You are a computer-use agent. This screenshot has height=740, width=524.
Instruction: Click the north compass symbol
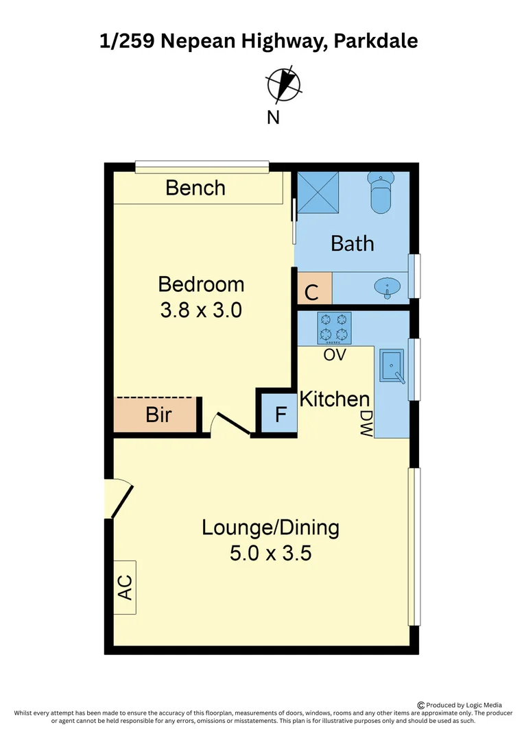pos(283,84)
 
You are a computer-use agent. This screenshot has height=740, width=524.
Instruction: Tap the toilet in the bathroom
pos(381,193)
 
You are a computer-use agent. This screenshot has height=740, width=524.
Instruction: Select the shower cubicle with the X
pos(318,193)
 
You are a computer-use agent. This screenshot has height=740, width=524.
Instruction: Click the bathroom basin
pos(387,287)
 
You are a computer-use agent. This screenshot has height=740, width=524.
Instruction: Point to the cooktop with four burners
pos(334,328)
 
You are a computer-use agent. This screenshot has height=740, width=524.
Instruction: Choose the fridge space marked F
pos(281,414)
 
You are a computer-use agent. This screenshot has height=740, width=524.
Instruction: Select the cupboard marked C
pos(315,288)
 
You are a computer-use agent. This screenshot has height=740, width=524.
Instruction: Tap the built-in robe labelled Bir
pos(155,415)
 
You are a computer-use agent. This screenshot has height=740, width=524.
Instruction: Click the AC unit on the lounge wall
pos(125,587)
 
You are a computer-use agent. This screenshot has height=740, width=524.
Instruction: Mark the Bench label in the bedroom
pos(195,188)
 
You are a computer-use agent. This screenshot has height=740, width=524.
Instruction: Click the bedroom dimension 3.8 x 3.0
pos(201,310)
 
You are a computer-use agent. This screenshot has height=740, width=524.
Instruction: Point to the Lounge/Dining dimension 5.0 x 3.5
pos(271,553)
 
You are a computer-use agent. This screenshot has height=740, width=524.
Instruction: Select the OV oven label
pos(335,354)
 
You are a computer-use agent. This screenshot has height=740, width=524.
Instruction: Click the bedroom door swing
pos(231,423)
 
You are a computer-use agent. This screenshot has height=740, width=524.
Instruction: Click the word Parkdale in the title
pos(376,41)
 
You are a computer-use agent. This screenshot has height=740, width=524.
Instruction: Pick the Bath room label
pos(353,243)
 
